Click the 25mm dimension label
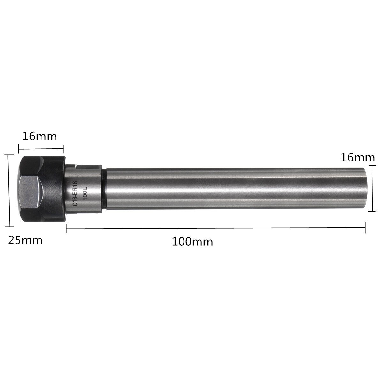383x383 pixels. pyautogui.click(x=25, y=239)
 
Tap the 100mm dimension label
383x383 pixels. pyautogui.click(x=192, y=241)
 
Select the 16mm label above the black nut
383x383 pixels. pyautogui.click(x=40, y=137)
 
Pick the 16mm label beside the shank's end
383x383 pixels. pyautogui.click(x=357, y=157)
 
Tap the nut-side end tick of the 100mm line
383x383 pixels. pyautogui.click(x=66, y=229)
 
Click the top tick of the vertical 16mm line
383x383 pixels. pyautogui.click(x=372, y=166)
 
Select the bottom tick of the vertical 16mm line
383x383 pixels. pyautogui.click(x=372, y=211)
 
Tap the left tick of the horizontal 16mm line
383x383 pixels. pyautogui.click(x=19, y=148)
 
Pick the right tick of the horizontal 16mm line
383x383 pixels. pyautogui.click(x=63, y=148)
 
